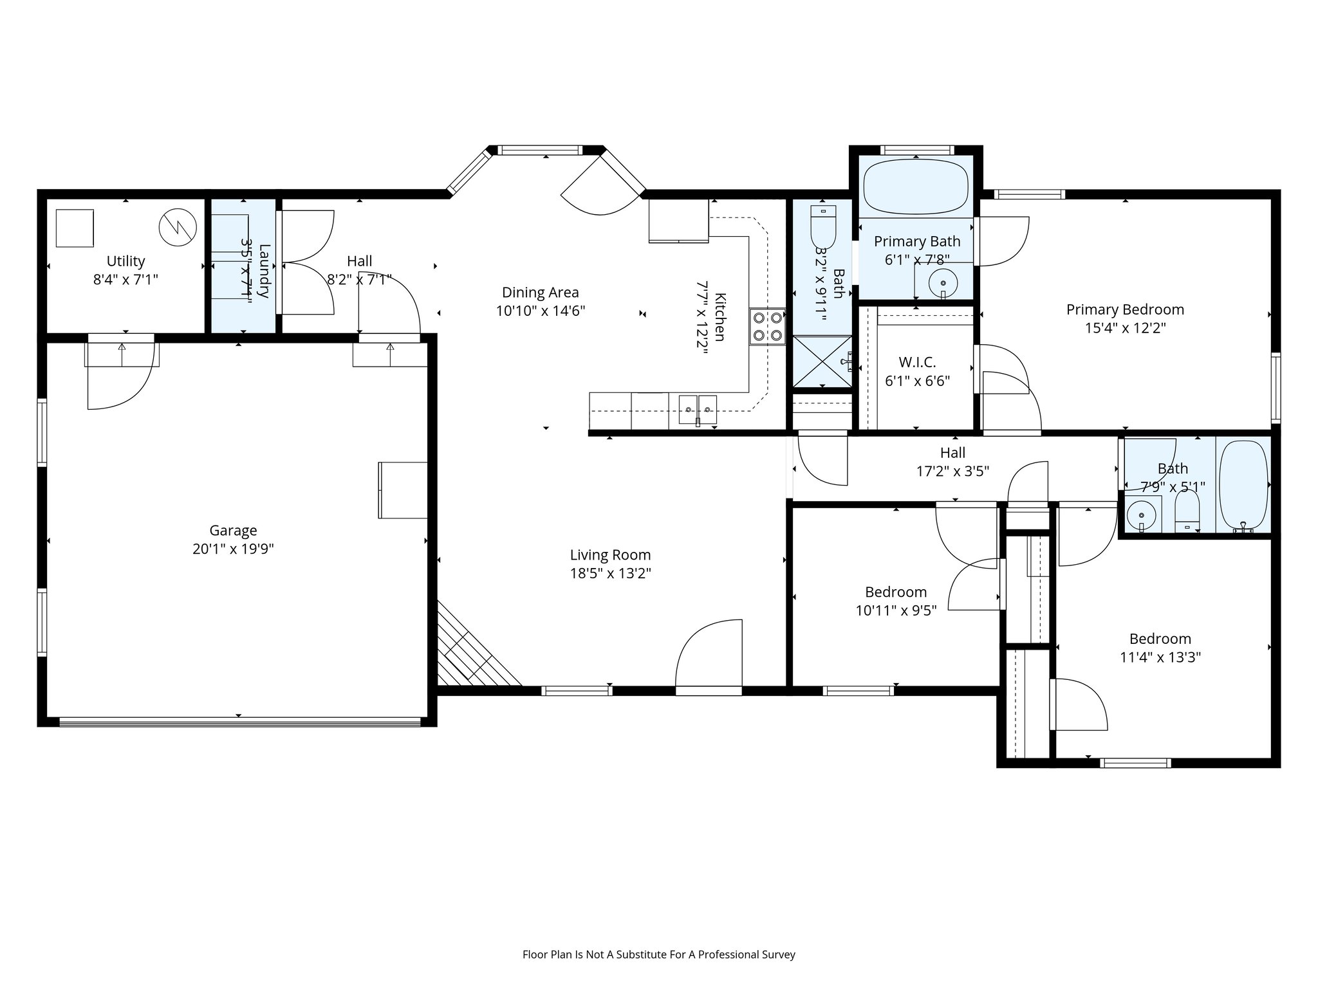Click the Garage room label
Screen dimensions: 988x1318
(233, 530)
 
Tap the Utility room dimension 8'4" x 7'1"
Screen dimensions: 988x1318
(125, 279)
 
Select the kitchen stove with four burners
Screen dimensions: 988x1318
(767, 326)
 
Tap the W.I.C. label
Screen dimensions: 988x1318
(917, 362)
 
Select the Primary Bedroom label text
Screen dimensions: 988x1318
(1125, 309)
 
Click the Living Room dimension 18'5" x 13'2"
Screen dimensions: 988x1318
(610, 573)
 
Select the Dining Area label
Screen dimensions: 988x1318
(540, 293)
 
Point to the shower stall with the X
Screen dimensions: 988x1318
(822, 361)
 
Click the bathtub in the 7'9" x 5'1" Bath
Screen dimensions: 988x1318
(1243, 484)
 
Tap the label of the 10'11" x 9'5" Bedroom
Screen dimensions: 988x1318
(896, 592)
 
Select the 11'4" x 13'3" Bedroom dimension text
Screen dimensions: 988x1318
(1160, 657)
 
